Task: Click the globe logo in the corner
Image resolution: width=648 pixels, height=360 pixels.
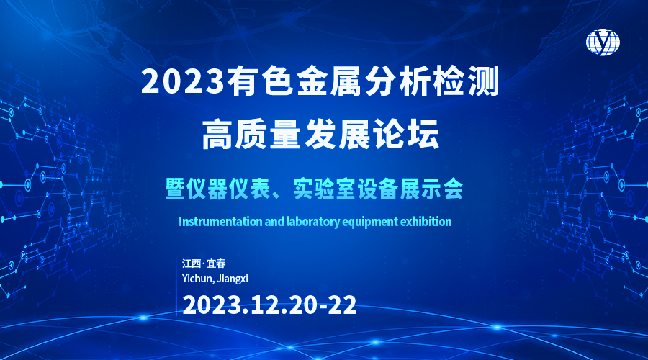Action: coord(603,42)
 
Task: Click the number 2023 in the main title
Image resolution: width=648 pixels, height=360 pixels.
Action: coord(183,81)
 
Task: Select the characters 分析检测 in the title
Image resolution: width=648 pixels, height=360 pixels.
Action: coord(432,81)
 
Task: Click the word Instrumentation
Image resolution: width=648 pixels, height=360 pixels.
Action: coord(221,222)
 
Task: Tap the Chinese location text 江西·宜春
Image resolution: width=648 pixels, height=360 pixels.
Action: coord(204,264)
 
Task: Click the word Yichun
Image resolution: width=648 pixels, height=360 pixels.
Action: coord(197,279)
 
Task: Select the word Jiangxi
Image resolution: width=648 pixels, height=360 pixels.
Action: coord(233,279)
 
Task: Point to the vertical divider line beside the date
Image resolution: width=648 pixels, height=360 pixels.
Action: coord(176,284)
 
